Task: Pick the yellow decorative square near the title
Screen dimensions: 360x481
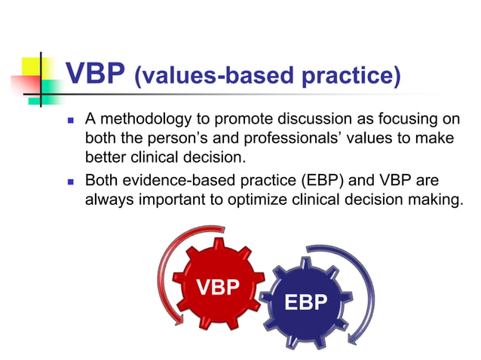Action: (x=28, y=66)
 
